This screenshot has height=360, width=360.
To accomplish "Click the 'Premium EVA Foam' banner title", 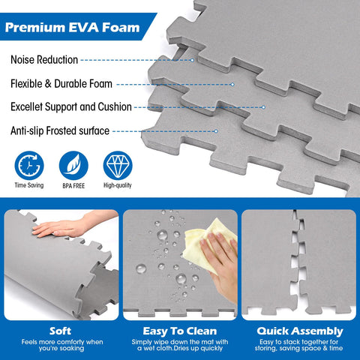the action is (72, 27).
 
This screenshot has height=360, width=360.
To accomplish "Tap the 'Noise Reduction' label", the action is (44, 60).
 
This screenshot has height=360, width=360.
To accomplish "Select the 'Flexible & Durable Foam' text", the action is (61, 84).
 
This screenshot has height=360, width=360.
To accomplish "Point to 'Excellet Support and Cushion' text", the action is (71, 106).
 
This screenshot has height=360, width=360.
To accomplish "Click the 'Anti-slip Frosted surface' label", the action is (60, 130).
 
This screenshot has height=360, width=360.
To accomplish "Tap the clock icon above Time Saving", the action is (29, 165).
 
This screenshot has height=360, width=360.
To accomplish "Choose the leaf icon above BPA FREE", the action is (73, 165).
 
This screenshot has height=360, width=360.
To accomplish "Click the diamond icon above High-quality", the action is (118, 165).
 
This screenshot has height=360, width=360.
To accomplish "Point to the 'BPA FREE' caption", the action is (73, 186).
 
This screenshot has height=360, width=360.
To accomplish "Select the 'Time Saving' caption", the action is (29, 185).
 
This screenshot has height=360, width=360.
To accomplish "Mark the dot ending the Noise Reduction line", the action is (192, 60).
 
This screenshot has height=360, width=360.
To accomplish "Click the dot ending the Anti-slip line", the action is (216, 131).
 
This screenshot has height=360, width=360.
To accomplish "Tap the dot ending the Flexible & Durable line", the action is (232, 85).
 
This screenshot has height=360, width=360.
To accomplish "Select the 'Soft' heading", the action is (60, 331).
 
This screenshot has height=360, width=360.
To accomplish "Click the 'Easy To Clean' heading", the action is (180, 331).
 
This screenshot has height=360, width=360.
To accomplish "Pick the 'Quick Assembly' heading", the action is (300, 331).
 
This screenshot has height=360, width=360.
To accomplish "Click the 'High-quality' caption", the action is (118, 185).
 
